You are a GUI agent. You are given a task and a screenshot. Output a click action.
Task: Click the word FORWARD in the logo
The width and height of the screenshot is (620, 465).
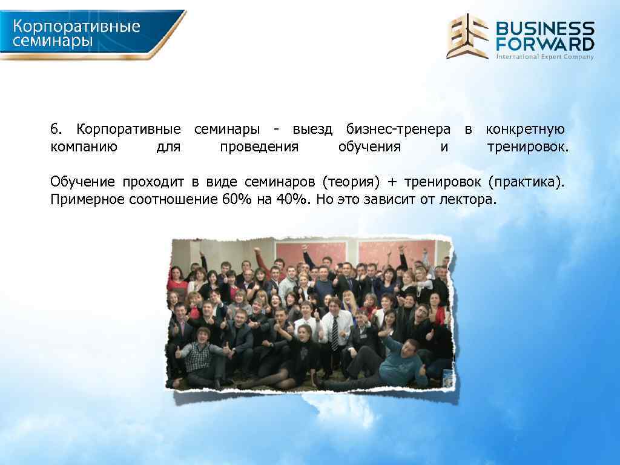click(x=545, y=44)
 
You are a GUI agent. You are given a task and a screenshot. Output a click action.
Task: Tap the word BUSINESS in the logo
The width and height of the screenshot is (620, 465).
click(x=545, y=28)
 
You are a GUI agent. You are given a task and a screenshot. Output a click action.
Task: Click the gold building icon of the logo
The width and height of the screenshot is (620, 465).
click(x=467, y=36)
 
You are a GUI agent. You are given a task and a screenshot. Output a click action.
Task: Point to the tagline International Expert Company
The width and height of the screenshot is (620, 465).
click(x=545, y=56)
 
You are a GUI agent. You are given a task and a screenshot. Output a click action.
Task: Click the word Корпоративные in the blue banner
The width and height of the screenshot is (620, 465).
click(x=77, y=27)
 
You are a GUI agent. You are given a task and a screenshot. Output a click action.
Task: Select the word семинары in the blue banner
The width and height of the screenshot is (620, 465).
click(x=53, y=41)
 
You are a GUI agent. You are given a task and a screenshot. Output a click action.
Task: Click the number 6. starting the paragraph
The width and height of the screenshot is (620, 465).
click(x=56, y=130)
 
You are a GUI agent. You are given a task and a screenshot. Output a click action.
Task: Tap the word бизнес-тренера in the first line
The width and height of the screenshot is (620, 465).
click(x=398, y=130)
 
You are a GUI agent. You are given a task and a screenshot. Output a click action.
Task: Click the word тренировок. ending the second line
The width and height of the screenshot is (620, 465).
click(x=528, y=147)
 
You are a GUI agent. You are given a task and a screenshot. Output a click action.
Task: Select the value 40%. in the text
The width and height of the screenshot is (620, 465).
click(x=294, y=200)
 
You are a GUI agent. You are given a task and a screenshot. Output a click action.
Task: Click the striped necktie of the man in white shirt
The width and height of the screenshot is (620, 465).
click(x=335, y=333)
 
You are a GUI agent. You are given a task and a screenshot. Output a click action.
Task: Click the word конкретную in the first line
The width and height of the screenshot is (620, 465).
click(x=525, y=130)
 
